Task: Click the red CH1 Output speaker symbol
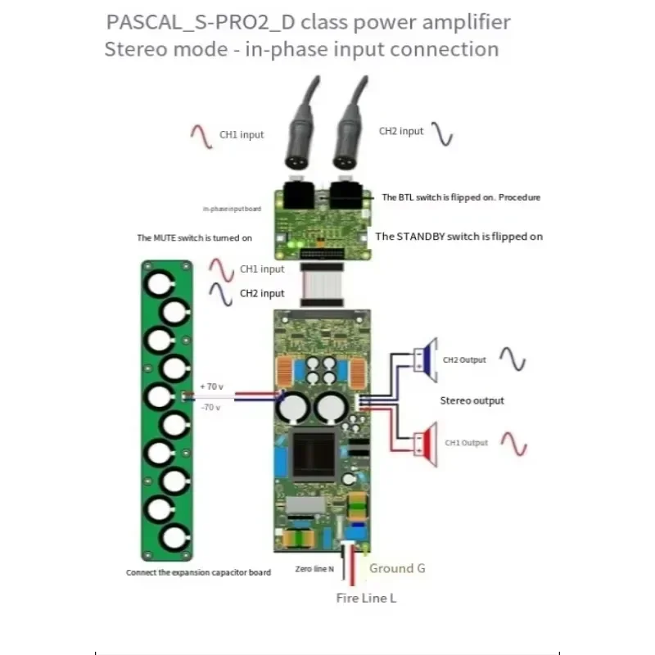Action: click(x=427, y=443)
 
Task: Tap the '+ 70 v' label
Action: click(x=210, y=386)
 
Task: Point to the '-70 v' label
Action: click(x=210, y=407)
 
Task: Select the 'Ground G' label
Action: click(x=397, y=568)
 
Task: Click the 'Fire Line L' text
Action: click(x=366, y=598)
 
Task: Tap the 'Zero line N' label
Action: click(x=314, y=569)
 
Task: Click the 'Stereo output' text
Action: click(x=472, y=400)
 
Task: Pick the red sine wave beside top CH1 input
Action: click(x=201, y=135)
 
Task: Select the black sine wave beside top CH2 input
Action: click(x=442, y=133)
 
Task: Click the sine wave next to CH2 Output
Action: click(x=513, y=359)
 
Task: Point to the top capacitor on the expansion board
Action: click(x=157, y=282)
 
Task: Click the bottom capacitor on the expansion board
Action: click(x=172, y=540)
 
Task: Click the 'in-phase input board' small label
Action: click(x=233, y=209)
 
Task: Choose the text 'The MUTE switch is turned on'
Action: click(x=194, y=237)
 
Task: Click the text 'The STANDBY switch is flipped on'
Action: click(x=458, y=237)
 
